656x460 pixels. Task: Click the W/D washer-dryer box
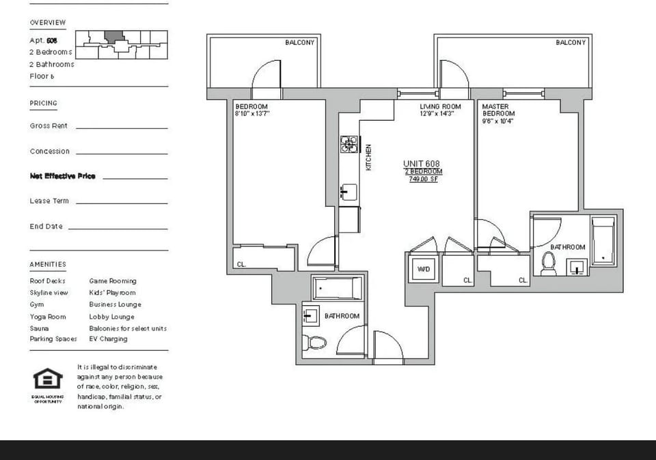point(423,269)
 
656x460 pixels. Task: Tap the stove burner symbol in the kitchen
point(349,144)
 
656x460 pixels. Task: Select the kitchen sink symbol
point(348,192)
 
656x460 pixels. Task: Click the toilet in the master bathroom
point(548,263)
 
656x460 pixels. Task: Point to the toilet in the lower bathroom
point(314,343)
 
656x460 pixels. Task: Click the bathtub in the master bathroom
point(603,241)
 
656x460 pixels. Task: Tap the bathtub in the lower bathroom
point(337,289)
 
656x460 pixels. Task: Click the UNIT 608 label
point(422,164)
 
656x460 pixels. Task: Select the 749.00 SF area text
point(423,179)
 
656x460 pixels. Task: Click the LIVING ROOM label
point(440,106)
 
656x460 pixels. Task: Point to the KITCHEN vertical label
point(369,156)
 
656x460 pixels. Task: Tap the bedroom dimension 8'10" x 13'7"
point(252,114)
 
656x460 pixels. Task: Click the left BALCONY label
point(300,42)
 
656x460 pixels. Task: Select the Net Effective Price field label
point(62,176)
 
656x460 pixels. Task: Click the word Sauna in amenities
point(39,328)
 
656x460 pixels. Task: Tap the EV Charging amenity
point(108,339)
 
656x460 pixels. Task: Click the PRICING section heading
point(44,103)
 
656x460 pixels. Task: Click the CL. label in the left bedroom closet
point(241,264)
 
